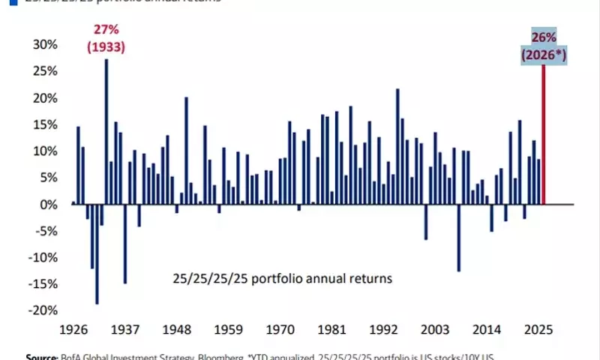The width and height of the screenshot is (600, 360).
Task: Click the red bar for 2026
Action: [x=543, y=135]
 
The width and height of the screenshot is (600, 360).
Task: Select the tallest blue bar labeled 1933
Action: [x=106, y=131]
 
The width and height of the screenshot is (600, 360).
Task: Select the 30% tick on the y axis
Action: [x=44, y=44]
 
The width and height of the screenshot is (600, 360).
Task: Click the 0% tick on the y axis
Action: [x=48, y=204]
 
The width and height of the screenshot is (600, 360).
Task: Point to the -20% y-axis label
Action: [x=42, y=310]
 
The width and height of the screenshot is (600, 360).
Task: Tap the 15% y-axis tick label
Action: [x=44, y=124]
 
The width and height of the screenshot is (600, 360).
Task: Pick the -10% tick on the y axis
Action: [x=42, y=257]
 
